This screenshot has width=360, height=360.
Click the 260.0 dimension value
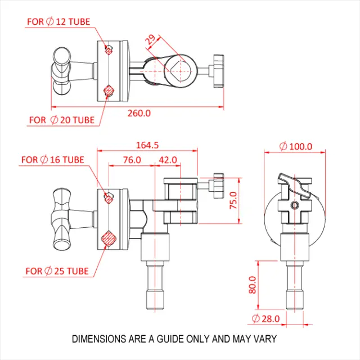click(x=139, y=113)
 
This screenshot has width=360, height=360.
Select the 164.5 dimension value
click(x=147, y=145)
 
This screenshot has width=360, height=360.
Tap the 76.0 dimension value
click(x=132, y=160)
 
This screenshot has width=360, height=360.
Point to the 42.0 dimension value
click(x=168, y=160)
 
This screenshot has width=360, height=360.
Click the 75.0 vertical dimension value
click(x=233, y=200)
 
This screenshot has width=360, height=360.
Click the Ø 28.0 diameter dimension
click(x=266, y=319)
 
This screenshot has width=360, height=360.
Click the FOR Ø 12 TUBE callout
click(x=58, y=22)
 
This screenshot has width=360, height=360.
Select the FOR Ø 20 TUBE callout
click(x=62, y=120)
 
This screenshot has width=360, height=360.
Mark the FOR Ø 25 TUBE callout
click(x=57, y=271)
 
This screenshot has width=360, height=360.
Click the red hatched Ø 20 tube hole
click(x=109, y=91)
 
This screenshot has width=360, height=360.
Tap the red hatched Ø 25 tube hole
click(x=108, y=238)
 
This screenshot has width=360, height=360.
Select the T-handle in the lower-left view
click(x=61, y=219)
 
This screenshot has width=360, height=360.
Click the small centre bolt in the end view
click(x=293, y=206)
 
